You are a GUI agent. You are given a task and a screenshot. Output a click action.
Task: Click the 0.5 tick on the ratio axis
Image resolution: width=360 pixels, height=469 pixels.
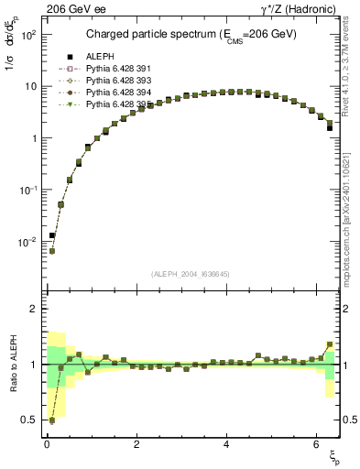pos(29,420)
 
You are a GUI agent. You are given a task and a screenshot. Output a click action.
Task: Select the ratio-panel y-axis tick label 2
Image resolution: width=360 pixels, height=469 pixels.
pos(34,309)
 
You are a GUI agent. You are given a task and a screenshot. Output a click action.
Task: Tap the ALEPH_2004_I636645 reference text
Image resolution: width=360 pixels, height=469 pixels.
pos(191,274)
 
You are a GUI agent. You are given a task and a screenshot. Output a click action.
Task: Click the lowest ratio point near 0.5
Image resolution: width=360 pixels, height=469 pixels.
pos(51,420)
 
